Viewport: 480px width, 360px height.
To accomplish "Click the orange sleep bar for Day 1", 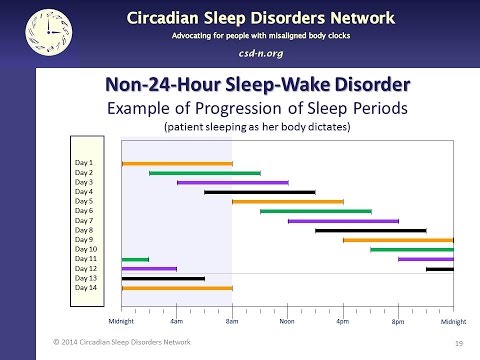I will pyautogui.click(x=176, y=163).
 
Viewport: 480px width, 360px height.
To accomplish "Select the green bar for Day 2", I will pyautogui.click(x=204, y=173).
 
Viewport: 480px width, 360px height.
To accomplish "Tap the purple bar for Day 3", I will pyautogui.click(x=232, y=182).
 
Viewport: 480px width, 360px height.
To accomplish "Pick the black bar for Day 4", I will pyautogui.click(x=260, y=192).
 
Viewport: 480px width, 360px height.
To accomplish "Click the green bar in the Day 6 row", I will pyautogui.click(x=315, y=211).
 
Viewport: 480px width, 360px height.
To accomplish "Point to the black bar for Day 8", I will pyautogui.click(x=370, y=230).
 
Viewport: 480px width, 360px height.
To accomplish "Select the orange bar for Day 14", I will pyautogui.click(x=176, y=288).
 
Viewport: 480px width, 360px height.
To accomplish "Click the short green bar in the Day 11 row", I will pyautogui.click(x=135, y=259).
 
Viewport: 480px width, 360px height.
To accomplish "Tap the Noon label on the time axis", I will pyautogui.click(x=287, y=321).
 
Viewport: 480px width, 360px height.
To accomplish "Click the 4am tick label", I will pyautogui.click(x=177, y=321).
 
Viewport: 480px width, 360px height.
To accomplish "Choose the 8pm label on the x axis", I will pyautogui.click(x=397, y=321).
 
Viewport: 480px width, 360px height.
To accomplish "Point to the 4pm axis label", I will pyautogui.click(x=342, y=321).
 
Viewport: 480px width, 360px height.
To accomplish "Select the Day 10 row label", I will pyautogui.click(x=86, y=249).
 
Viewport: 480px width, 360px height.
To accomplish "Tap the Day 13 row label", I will pyautogui.click(x=86, y=278).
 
